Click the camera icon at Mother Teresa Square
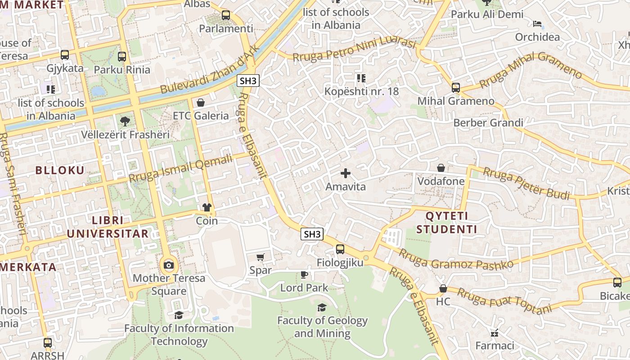click(x=169, y=265)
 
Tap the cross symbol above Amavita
click(x=346, y=173)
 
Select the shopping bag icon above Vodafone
click(x=441, y=168)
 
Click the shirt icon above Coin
click(x=207, y=207)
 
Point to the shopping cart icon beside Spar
click(x=260, y=257)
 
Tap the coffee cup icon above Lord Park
click(x=304, y=274)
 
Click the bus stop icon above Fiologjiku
click(x=340, y=249)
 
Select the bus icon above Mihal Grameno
click(x=456, y=87)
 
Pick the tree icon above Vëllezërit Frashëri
click(x=125, y=121)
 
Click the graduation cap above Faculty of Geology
click(x=322, y=307)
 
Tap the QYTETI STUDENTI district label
click(x=446, y=222)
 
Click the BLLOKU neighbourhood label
click(x=60, y=170)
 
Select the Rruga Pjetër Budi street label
click(x=526, y=183)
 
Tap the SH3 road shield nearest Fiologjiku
click(x=312, y=234)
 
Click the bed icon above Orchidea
click(x=537, y=24)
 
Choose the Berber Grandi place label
click(x=488, y=123)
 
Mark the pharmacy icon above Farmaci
click(x=495, y=333)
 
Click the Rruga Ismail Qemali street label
click(x=181, y=168)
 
